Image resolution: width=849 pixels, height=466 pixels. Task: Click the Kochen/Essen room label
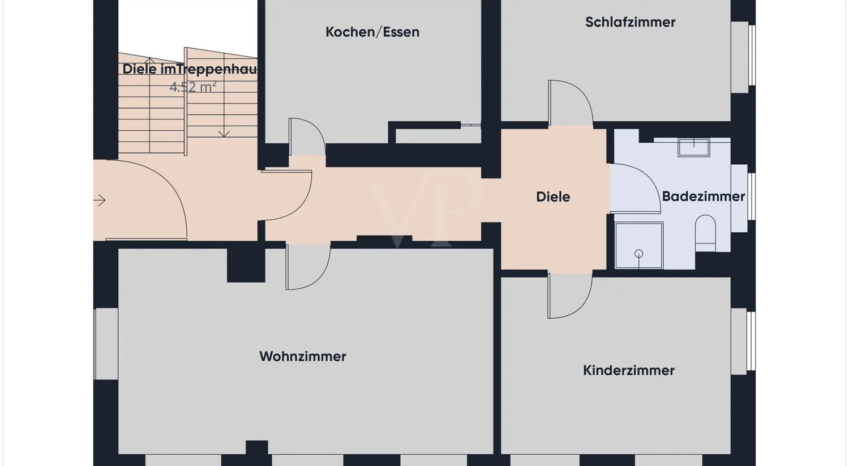372,32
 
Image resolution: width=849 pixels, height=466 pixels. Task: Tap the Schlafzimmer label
630,23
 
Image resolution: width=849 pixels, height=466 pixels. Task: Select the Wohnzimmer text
303,357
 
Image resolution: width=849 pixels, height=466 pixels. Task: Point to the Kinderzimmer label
628,370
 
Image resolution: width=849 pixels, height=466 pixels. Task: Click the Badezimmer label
703,196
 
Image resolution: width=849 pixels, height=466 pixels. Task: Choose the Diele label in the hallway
553,197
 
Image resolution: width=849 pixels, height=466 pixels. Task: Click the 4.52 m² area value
193,87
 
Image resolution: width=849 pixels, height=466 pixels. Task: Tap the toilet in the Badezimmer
705,233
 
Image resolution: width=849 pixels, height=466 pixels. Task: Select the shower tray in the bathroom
639,245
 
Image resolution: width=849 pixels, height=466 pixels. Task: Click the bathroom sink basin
693,147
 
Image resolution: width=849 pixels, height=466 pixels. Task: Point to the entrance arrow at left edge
100,200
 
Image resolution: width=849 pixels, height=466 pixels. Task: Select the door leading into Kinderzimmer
568,296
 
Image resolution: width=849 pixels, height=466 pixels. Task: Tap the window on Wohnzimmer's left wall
106,344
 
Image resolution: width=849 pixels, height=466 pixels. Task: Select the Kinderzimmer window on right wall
741,341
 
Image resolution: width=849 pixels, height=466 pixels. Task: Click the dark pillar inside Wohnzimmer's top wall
246,265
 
